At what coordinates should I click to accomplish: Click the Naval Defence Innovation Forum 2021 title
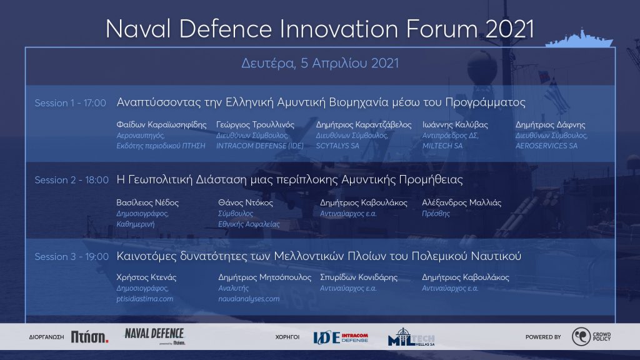pos(319,29)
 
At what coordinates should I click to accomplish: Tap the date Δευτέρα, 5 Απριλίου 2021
pos(320,63)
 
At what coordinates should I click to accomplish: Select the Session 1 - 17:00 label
pos(70,103)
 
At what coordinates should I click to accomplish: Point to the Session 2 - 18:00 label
pos(71,180)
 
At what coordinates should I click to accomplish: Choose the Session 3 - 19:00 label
pos(71,257)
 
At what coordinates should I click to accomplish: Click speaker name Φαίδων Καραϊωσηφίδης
pos(161,125)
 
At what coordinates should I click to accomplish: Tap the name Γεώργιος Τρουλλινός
pos(255,125)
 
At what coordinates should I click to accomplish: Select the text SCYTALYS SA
pos(337,146)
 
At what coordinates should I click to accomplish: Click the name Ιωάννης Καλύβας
pos(455,125)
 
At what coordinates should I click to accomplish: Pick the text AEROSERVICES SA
pos(546,146)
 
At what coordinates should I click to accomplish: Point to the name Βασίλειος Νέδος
pos(147,203)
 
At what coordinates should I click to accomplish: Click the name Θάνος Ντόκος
pos(245,203)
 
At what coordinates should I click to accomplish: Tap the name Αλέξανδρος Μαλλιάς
pos(462,203)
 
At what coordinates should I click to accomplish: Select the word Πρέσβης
pos(436,214)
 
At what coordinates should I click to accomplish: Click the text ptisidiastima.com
pos(144,299)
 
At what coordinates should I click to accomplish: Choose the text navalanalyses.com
pos(249,299)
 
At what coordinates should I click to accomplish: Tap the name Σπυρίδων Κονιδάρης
pos(359,277)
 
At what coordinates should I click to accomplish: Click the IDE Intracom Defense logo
pos(341,337)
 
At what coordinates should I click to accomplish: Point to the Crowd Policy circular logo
pos(581,337)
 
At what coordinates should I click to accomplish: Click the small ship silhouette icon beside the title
pos(579,38)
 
